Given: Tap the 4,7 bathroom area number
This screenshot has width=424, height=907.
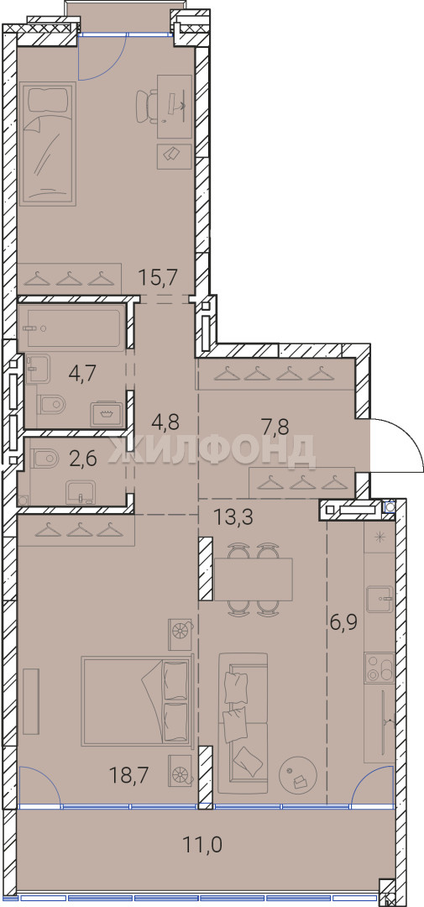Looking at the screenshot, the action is (x=82, y=371).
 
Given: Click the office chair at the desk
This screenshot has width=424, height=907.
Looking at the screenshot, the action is (x=148, y=105).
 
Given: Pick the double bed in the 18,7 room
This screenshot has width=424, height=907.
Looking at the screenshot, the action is (x=137, y=700).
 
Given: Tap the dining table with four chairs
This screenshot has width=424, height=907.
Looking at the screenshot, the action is (x=253, y=579).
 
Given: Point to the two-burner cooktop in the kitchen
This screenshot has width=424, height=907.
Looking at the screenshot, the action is (x=380, y=668).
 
